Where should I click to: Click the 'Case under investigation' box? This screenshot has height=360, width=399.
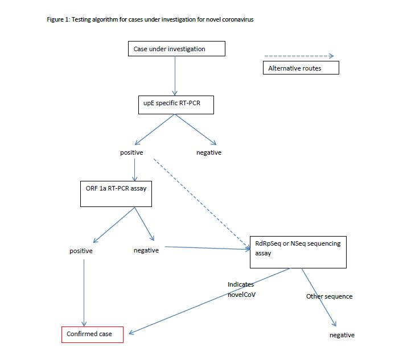click(176, 49)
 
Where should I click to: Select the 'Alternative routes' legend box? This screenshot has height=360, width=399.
click(301, 68)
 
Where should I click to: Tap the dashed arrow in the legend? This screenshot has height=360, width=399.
click(298, 56)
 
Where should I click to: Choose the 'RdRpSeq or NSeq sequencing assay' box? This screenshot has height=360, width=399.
click(298, 252)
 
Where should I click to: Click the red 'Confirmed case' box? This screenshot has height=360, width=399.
click(92, 334)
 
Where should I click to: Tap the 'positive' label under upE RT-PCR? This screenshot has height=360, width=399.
click(131, 152)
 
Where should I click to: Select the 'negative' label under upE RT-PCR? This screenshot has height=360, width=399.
click(209, 152)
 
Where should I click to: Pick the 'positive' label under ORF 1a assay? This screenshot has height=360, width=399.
click(81, 251)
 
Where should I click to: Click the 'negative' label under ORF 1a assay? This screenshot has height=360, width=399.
click(146, 250)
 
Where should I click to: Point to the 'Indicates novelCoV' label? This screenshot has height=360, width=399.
click(241, 288)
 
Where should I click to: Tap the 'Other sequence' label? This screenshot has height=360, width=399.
click(329, 296)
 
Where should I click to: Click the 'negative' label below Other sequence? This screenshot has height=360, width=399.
click(342, 335)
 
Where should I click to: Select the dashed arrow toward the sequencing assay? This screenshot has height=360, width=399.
click(202, 204)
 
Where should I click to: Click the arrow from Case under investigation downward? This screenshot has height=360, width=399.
click(175, 75)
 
